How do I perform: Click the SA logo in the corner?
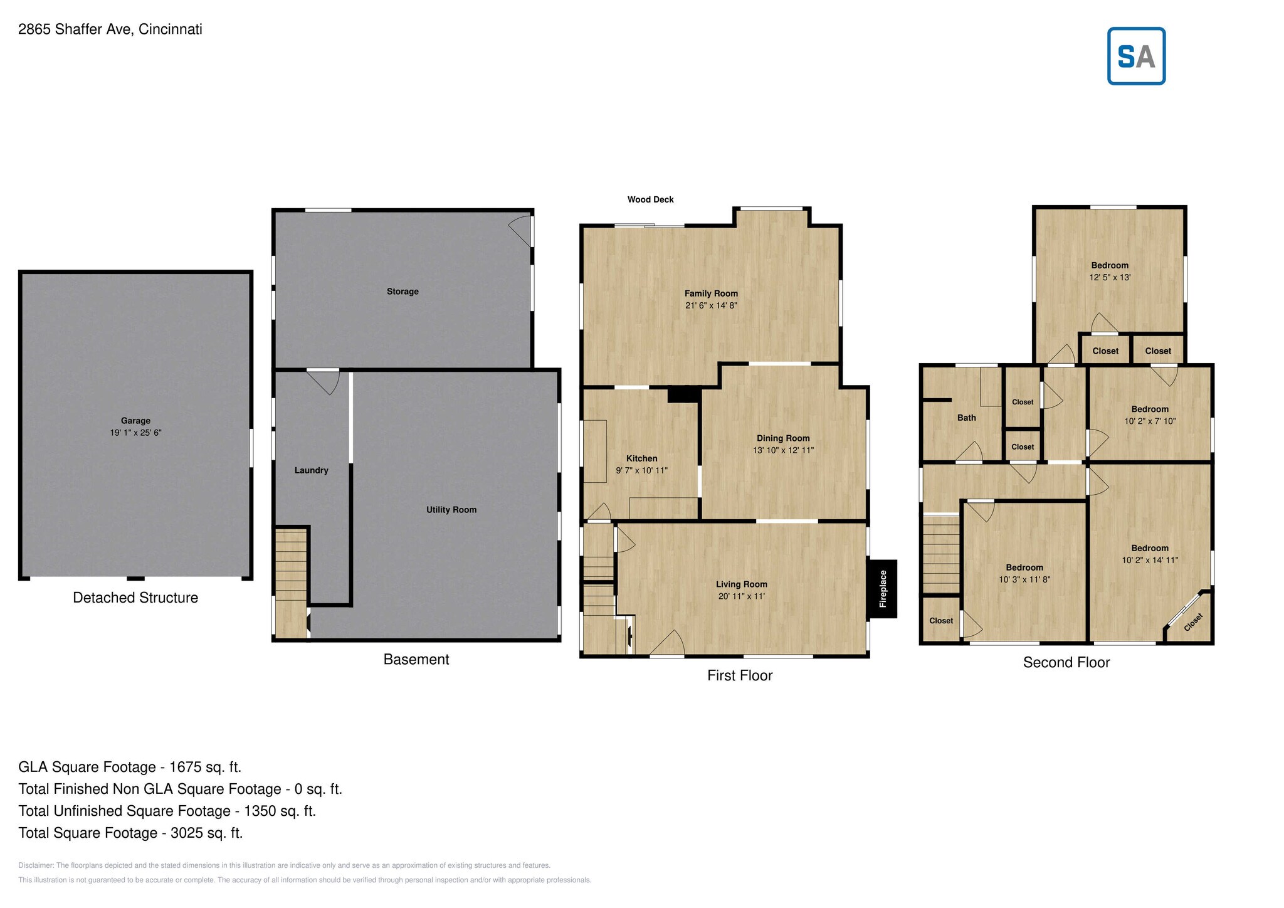pos(1135,56)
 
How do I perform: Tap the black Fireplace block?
pos(882,588)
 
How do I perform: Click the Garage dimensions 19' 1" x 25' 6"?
pos(135,433)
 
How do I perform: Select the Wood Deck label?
pos(650,199)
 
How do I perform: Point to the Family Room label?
pos(710,293)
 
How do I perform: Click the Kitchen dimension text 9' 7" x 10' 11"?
pos(641,470)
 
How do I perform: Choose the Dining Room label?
pos(782,438)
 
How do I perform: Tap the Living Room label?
pos(741,584)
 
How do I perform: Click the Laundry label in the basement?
pos(311,470)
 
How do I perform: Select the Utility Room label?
pos(451,510)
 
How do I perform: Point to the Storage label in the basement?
pos(402,292)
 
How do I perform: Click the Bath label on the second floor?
pos(966,418)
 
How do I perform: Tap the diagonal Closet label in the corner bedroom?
pos(1193,623)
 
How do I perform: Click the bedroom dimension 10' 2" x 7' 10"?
pos(1149,421)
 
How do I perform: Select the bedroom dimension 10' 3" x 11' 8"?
pos(1024,579)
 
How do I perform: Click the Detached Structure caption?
pos(135,598)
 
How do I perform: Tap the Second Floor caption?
pos(1066,662)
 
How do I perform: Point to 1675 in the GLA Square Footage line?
pos(186,767)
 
